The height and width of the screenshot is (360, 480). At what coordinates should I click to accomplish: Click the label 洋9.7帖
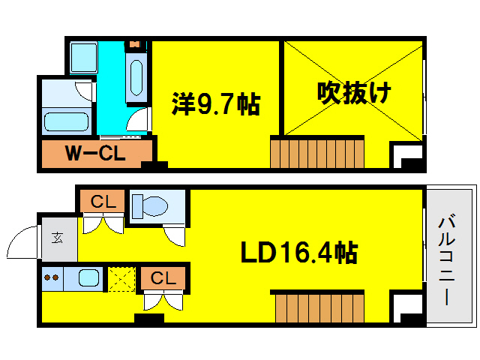click(x=216, y=104)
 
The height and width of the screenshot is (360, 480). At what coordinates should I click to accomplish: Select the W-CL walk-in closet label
click(x=95, y=154)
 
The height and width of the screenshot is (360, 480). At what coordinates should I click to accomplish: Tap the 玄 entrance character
click(x=58, y=238)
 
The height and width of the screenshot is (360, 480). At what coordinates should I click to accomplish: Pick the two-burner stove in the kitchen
click(x=52, y=277)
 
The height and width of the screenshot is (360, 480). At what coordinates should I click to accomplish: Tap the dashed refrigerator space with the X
click(x=120, y=278)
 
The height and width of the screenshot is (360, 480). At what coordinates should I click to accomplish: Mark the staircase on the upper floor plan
click(x=316, y=152)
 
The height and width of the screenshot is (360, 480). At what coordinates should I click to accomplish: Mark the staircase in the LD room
click(x=316, y=307)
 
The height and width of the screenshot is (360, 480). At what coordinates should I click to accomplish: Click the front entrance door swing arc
click(x=22, y=243)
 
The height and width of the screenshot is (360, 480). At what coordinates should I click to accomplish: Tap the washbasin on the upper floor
click(x=136, y=75)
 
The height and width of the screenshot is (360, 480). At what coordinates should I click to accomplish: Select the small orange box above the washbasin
click(x=135, y=44)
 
